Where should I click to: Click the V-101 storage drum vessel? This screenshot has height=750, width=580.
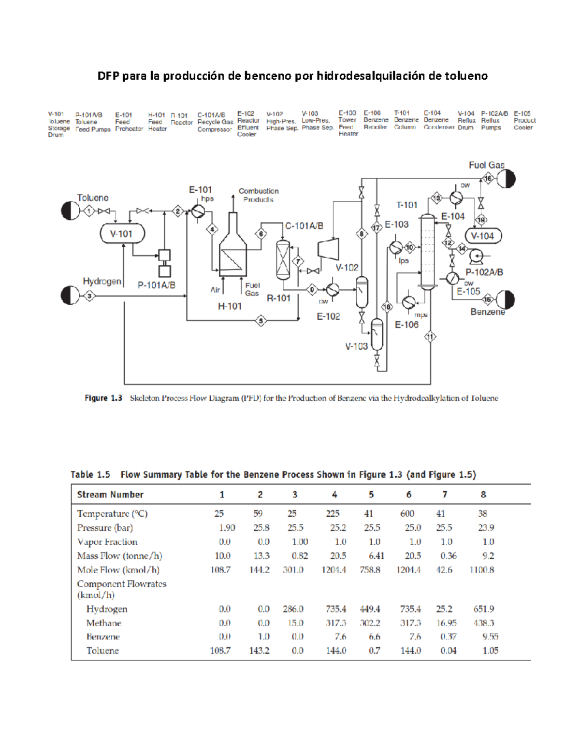point(122,234)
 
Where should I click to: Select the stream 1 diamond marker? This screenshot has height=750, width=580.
point(89,211)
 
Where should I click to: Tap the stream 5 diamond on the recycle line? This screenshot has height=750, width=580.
point(261,320)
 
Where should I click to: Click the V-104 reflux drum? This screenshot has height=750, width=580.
point(483,236)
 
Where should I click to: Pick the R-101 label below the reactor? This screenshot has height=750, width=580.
point(278,298)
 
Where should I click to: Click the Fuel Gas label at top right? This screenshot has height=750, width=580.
point(486,165)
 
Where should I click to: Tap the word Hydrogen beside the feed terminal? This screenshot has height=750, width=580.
point(102,281)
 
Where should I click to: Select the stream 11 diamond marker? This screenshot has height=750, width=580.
point(430,337)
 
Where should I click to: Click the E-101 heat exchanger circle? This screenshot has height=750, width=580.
point(197,211)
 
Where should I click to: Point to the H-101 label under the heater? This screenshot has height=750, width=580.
point(230,306)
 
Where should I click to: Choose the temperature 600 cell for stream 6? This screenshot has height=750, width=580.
point(407,514)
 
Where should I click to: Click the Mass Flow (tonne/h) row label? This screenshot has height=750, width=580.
point(119,556)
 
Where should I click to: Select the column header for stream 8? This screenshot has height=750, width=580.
point(483,495)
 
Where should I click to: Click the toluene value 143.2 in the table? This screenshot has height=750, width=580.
point(259,651)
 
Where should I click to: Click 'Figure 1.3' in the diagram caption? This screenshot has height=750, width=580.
point(103,398)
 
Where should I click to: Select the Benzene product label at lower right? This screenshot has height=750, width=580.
point(487,312)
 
